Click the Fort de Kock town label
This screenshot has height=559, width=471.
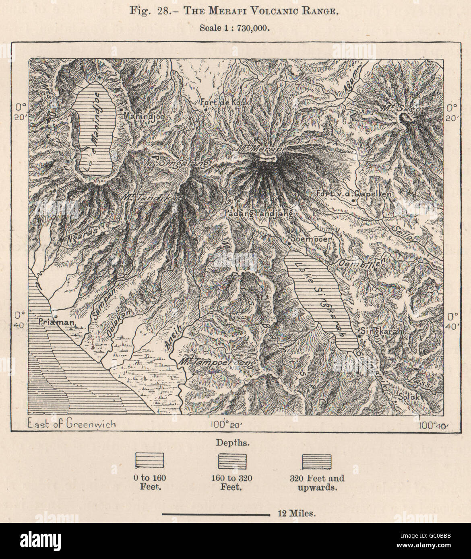pyautogui.click(x=225, y=103)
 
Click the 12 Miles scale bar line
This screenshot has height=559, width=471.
pyautogui.click(x=216, y=514)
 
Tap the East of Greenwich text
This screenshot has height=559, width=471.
pyautogui.click(x=71, y=423)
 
